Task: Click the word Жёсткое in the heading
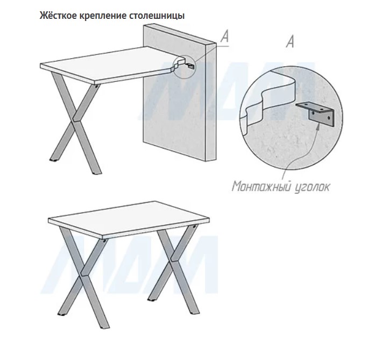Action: pyautogui.click(x=58, y=16)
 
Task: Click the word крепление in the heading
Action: pyautogui.click(x=103, y=16)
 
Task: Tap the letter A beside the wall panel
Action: pyautogui.click(x=224, y=37)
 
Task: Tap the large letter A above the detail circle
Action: pyautogui.click(x=290, y=41)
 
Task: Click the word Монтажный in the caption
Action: pyautogui.click(x=261, y=186)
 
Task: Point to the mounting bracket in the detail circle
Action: pyautogui.click(x=316, y=114)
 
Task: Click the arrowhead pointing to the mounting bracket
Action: pyautogui.click(x=317, y=124)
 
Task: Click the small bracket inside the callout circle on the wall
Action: pyautogui.click(x=190, y=66)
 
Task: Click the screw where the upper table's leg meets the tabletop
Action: pyautogui.click(x=96, y=87)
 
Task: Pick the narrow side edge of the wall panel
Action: pyautogui.click(x=211, y=102)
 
